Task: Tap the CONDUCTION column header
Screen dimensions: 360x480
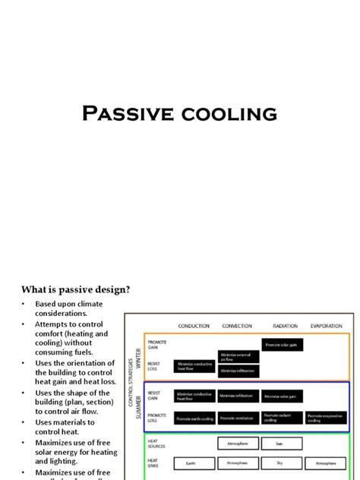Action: click(x=194, y=327)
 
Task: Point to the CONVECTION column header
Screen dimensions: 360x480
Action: click(x=237, y=327)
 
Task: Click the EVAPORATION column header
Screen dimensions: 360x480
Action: click(x=327, y=327)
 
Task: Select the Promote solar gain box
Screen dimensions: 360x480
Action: click(x=282, y=345)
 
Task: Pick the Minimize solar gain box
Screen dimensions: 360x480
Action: click(x=282, y=396)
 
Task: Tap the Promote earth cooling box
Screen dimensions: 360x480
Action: click(x=194, y=418)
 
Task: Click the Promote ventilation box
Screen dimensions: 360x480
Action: click(x=238, y=418)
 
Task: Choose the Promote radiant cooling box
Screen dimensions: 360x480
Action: click(x=282, y=418)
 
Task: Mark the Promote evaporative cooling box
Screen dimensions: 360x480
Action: click(x=327, y=418)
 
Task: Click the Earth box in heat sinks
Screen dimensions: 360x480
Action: click(x=194, y=462)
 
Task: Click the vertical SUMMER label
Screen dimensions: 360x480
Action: click(x=138, y=407)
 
